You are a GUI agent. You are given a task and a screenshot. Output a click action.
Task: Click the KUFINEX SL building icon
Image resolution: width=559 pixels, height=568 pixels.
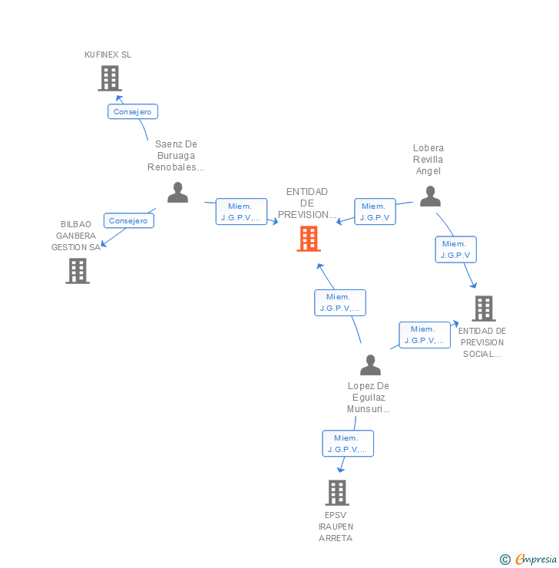[x=110, y=78]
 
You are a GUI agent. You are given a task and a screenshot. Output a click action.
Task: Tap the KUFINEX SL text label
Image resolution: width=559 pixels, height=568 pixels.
[x=107, y=54]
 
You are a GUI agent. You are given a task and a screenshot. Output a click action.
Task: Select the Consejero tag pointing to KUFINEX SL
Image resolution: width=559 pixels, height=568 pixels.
[x=132, y=112]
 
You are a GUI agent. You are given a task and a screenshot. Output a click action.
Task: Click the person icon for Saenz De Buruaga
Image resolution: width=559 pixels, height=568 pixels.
[x=177, y=193]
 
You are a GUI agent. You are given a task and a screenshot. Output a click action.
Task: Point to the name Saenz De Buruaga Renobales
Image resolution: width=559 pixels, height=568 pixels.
[x=176, y=155]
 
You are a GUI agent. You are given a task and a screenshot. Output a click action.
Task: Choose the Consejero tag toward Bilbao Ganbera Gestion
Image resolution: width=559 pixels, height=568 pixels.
[x=128, y=220]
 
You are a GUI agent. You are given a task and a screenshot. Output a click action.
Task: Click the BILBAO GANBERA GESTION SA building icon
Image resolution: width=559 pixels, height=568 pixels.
[x=78, y=271]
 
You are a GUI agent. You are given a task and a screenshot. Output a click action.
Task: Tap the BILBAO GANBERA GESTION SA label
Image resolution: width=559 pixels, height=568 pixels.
[x=76, y=236]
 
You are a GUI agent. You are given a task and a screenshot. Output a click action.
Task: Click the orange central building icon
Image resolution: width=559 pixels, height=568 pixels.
[x=308, y=239]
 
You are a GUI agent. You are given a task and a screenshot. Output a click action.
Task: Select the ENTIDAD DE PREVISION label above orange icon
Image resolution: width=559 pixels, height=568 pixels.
[x=307, y=203]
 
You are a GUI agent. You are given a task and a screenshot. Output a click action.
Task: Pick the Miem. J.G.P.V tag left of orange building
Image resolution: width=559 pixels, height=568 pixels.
[x=240, y=212]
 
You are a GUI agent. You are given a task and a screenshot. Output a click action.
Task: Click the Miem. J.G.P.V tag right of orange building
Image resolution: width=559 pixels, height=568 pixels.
[x=375, y=212]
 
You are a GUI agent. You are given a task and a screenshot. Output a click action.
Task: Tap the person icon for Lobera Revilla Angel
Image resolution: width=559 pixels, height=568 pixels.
[x=430, y=197]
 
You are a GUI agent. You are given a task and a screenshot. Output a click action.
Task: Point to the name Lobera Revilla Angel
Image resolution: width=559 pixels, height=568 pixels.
[x=428, y=159]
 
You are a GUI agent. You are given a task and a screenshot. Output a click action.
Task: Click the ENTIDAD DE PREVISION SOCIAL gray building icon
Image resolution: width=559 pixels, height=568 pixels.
[x=484, y=309]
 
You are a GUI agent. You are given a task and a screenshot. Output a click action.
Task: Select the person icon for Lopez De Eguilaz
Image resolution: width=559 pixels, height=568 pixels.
[x=370, y=365]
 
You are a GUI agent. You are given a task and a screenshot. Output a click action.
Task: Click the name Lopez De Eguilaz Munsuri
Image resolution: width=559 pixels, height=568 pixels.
[x=369, y=398]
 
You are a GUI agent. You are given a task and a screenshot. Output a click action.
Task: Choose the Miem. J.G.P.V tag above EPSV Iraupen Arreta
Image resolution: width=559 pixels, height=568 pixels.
[x=347, y=444]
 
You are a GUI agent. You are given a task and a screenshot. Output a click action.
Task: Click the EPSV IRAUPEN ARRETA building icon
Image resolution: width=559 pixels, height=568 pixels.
[x=336, y=493]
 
